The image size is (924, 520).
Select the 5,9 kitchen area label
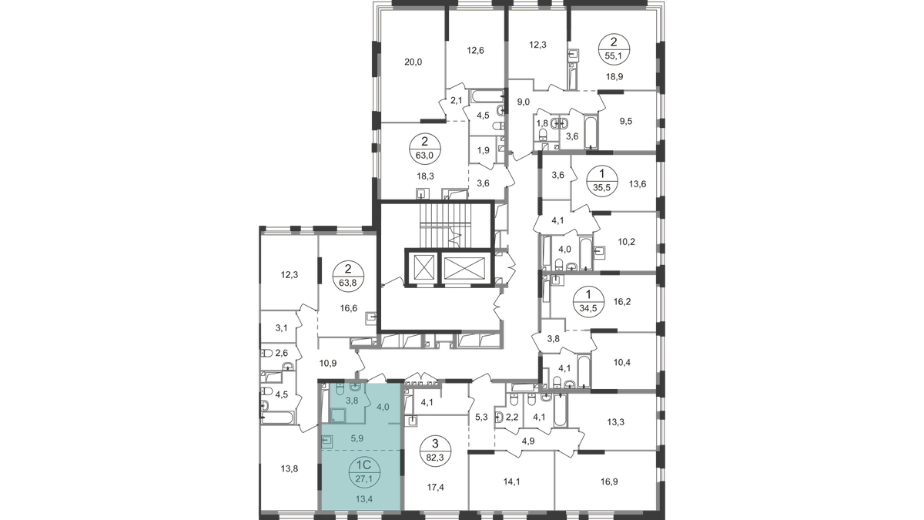click(357, 438)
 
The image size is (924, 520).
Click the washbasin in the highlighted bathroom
click(356, 386)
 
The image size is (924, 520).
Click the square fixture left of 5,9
click(326, 441)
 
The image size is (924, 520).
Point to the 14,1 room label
click(513, 483)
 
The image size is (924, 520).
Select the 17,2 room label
click(435, 487)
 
